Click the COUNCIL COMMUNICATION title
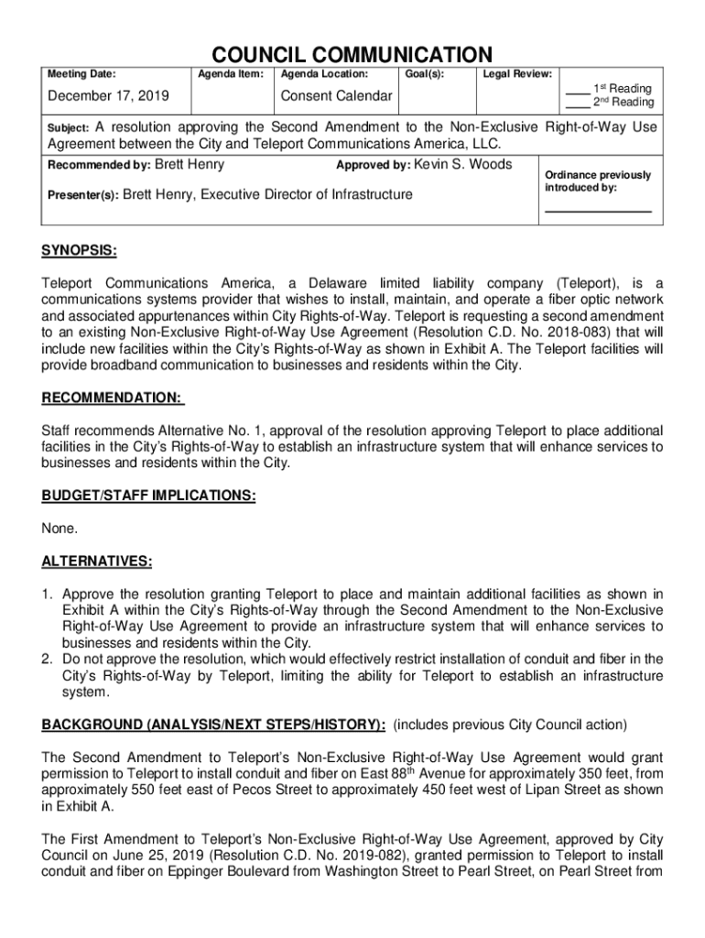click(352, 55)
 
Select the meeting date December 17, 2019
click(102, 96)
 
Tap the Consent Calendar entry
click(336, 96)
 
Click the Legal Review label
click(517, 73)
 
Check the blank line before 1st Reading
click(577, 91)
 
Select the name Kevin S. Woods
click(463, 165)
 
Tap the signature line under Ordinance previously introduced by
click(598, 211)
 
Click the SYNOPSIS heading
click(79, 251)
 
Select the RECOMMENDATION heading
click(113, 398)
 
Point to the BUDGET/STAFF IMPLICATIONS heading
click(148, 496)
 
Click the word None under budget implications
click(60, 529)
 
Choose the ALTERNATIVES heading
click(96, 561)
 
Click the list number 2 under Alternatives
click(48, 660)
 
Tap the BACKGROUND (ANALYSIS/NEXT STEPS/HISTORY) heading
click(213, 725)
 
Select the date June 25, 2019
click(126, 856)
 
